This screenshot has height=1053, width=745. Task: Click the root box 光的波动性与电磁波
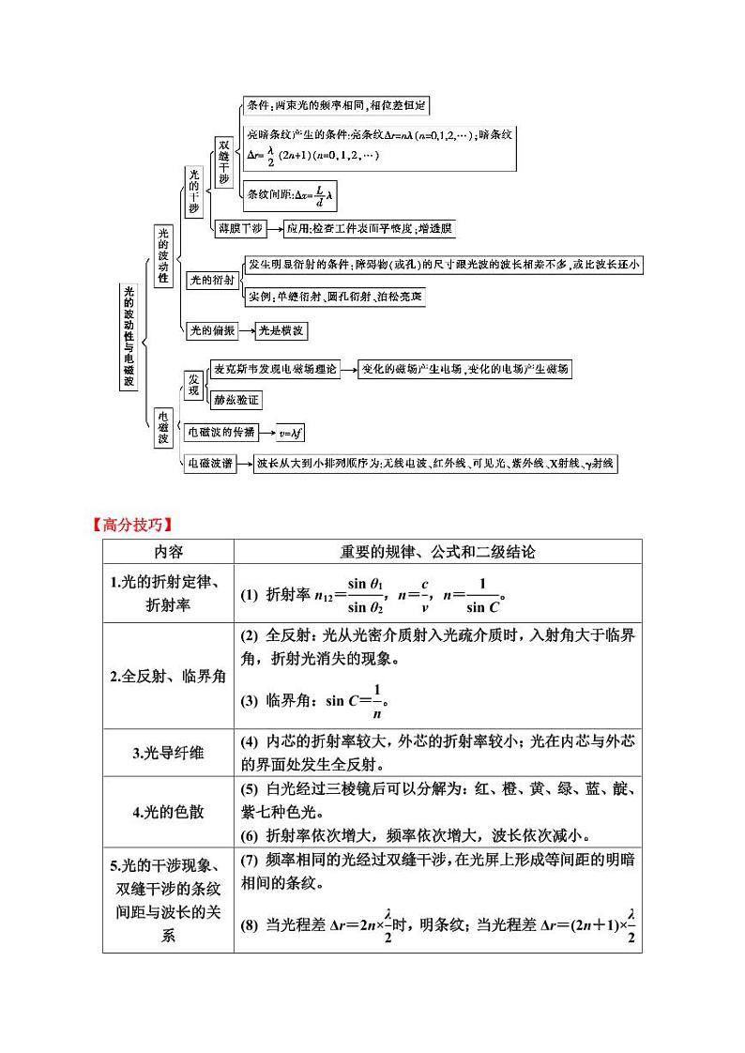tap(129, 336)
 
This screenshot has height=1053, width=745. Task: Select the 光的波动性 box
tap(163, 255)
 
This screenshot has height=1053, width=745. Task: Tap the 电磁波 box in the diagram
tap(163, 425)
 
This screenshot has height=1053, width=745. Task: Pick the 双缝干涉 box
tap(223, 160)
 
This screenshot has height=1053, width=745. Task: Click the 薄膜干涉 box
tap(240, 227)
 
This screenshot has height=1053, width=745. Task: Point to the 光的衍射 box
tap(212, 280)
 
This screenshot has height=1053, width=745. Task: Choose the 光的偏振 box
tap(211, 329)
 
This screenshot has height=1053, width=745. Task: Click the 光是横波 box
tap(282, 330)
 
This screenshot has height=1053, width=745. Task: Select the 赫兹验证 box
tap(236, 400)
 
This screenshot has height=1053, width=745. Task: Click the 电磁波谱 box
tap(210, 463)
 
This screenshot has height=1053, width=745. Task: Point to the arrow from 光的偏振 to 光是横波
tap(247, 330)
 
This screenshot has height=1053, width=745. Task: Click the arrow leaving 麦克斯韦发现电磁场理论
tap(348, 369)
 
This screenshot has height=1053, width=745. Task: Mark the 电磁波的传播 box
tap(222, 432)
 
